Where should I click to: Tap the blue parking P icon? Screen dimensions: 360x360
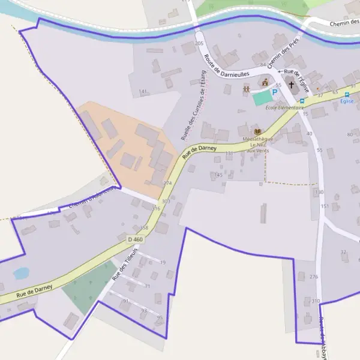[275, 92]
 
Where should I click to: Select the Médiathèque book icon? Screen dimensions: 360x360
[258, 132]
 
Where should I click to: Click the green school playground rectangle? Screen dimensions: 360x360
[262, 98]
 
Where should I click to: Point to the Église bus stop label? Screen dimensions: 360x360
[346, 101]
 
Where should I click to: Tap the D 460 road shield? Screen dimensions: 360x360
[136, 239]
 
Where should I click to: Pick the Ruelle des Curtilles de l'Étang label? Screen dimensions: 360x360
[193, 110]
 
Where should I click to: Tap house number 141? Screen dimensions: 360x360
[143, 91]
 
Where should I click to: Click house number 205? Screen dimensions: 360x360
[200, 44]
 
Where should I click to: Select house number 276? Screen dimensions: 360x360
[313, 277]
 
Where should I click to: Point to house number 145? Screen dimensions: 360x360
[218, 175]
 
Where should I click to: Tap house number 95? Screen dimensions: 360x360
[160, 317]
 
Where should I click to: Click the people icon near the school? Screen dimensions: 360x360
[246, 89]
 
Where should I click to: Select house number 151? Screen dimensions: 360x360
[325, 206]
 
